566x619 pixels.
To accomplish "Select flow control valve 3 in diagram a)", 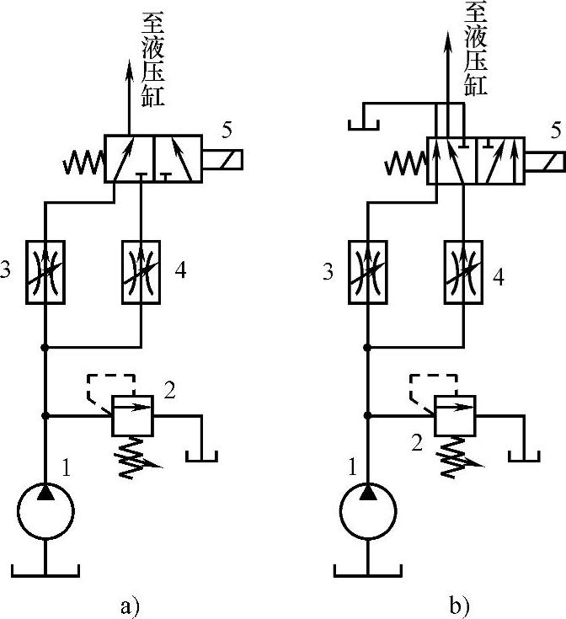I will pyautogui.click(x=45, y=271).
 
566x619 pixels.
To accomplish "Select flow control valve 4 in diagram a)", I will pyautogui.click(x=141, y=271).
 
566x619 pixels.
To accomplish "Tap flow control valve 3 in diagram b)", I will pyautogui.click(x=368, y=271).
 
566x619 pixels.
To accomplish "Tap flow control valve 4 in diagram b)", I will pyautogui.click(x=463, y=271).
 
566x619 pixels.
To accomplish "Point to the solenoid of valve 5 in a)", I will pyautogui.click(x=222, y=158).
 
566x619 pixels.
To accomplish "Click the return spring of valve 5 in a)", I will pyautogui.click(x=84, y=158).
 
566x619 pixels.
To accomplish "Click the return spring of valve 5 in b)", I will pyautogui.click(x=406, y=158).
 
